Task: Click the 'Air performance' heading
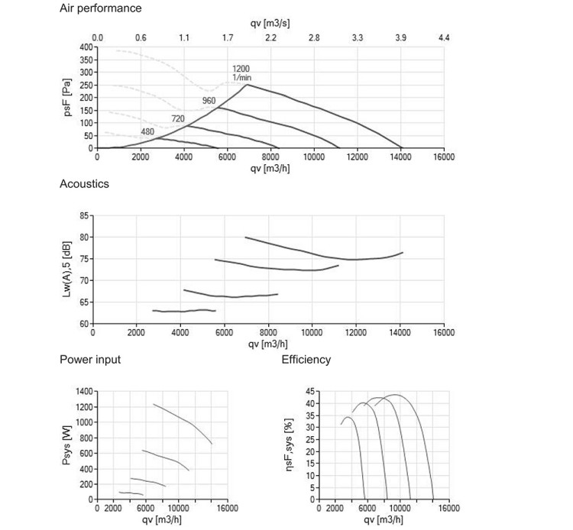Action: pyautogui.click(x=101, y=8)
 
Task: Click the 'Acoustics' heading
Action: pyautogui.click(x=84, y=184)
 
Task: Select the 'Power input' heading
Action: pyautogui.click(x=90, y=360)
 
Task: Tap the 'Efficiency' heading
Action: pyautogui.click(x=306, y=360)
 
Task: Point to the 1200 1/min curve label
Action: pyautogui.click(x=241, y=73)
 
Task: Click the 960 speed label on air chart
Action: pyautogui.click(x=209, y=101)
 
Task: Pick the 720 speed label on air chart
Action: pyautogui.click(x=178, y=118)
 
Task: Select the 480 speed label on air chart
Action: pyautogui.click(x=147, y=131)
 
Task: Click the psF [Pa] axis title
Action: pyautogui.click(x=67, y=98)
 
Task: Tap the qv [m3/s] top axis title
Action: pyautogui.click(x=270, y=24)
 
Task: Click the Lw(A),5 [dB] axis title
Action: pyautogui.click(x=66, y=270)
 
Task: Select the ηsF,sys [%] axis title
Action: pyautogui.click(x=289, y=444)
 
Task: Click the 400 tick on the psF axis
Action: pyautogui.click(x=86, y=47)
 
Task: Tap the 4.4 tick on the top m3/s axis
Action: pyautogui.click(x=444, y=37)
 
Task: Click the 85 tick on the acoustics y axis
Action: pyautogui.click(x=84, y=216)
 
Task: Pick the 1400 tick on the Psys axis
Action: pyautogui.click(x=84, y=392)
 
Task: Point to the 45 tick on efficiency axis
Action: pyautogui.click(x=310, y=392)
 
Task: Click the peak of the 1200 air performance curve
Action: pyautogui.click(x=248, y=85)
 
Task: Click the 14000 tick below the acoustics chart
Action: pyautogui.click(x=400, y=332)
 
